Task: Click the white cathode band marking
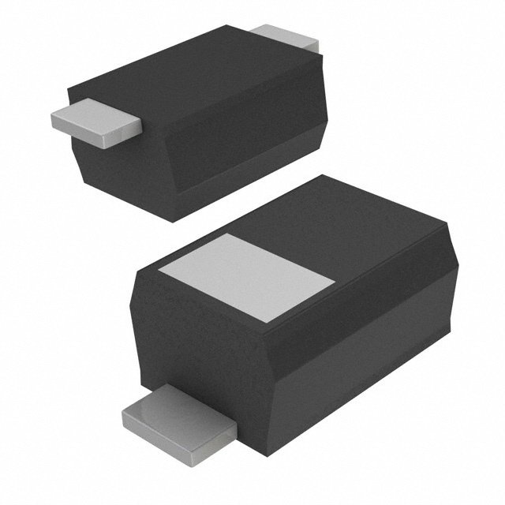tap(245, 277)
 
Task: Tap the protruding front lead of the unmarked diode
tap(95, 122)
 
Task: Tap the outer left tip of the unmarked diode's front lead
tap(50, 118)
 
